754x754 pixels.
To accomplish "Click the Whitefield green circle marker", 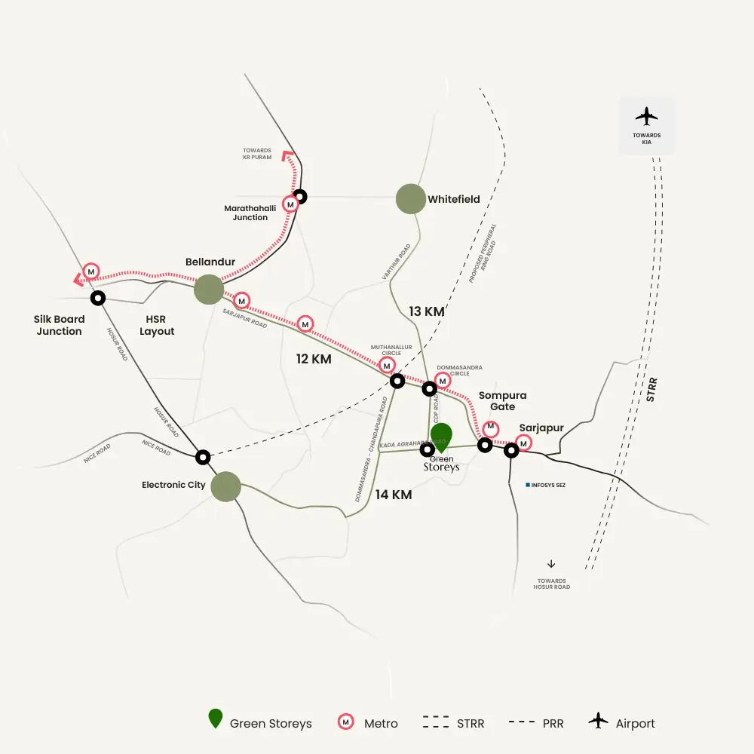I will click(x=411, y=199).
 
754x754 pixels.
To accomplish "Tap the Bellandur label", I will click(x=210, y=262).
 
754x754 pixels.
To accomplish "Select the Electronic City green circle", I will click(x=225, y=486).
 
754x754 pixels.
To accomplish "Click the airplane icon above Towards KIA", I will click(x=646, y=116).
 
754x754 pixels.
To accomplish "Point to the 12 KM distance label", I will click(x=314, y=359).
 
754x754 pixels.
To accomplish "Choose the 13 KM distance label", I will click(x=427, y=311).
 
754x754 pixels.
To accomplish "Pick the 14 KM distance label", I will click(x=394, y=495).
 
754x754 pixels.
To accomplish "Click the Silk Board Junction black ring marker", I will click(x=97, y=298).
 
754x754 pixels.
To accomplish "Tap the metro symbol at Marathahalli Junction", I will click(x=290, y=204).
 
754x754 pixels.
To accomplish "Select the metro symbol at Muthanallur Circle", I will click(x=387, y=365).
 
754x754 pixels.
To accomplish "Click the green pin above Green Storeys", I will click(x=441, y=437).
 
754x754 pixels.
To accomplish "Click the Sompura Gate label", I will click(x=502, y=401).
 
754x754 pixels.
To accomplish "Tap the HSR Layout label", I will click(x=157, y=325).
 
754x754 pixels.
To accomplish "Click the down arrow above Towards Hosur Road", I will click(x=551, y=563).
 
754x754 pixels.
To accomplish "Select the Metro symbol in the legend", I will click(x=345, y=722).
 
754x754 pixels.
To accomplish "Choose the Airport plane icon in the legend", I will click(x=599, y=722).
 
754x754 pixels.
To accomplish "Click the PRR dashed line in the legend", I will click(x=521, y=722).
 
